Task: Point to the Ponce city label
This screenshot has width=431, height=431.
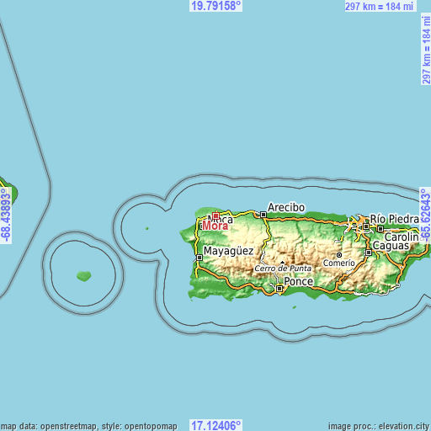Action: (298, 281)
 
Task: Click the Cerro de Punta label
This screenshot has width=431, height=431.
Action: (283, 268)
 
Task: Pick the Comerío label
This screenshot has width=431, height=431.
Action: (338, 263)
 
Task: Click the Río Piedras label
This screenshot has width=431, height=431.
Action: (394, 219)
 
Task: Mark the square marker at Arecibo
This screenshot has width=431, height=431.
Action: (263, 215)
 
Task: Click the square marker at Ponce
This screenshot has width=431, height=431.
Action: (279, 289)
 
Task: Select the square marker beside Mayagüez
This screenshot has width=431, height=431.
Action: (199, 247)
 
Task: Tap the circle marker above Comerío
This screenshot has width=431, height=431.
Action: (339, 253)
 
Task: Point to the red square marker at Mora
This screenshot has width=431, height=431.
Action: (215, 216)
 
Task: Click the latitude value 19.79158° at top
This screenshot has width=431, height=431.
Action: (216, 6)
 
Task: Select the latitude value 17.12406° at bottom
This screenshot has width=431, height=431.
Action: (216, 425)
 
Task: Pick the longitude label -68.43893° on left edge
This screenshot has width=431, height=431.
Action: (6, 215)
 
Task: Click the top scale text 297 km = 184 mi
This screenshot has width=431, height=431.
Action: (380, 6)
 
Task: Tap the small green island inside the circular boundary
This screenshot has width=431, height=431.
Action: (83, 275)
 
